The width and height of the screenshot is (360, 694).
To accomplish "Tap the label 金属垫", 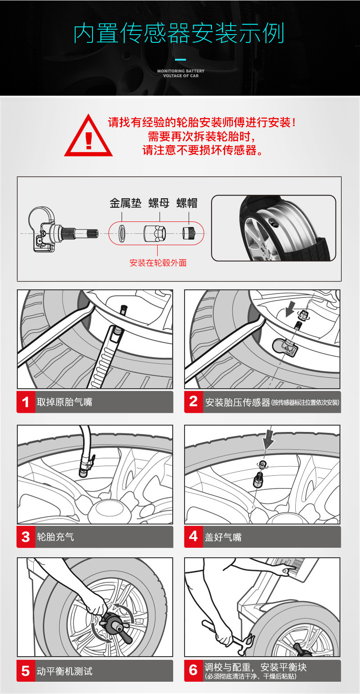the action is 125,203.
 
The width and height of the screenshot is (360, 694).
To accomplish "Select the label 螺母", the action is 159,203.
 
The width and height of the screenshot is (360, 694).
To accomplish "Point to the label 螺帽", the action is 187,203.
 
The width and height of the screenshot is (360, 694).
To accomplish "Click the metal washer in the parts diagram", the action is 122,234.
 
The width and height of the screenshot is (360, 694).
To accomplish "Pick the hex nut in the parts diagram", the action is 154,234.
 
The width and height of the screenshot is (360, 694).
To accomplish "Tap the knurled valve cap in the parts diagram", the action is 188,233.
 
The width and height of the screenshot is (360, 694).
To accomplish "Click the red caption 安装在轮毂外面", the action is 158,263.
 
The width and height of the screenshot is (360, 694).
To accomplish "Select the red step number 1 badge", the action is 26,402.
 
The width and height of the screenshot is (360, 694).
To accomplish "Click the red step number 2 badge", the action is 193,402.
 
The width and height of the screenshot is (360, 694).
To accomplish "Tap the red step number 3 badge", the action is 26,537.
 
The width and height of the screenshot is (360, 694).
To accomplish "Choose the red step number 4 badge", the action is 193,537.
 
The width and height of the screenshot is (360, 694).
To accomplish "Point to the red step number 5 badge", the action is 26,671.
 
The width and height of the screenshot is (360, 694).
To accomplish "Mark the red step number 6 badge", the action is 193,671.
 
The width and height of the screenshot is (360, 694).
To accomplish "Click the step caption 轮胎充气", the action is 56,537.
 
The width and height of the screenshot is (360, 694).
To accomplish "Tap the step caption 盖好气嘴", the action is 223,537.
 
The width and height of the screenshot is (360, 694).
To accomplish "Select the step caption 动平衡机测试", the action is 64,671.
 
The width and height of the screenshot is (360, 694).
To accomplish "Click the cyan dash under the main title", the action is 180,60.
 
